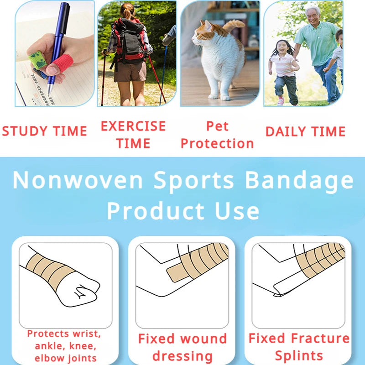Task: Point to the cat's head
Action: coord(203,34)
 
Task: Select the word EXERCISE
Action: coord(133,126)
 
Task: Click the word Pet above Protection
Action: coord(217,126)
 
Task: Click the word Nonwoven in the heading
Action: coord(78,180)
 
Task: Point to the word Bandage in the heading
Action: coord(299,180)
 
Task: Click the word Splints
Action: coord(299,355)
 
